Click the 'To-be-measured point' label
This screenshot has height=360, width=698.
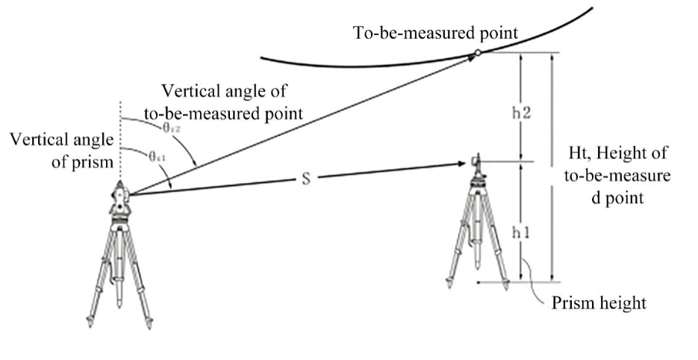[x=436, y=33]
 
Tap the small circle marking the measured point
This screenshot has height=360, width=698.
[x=476, y=53]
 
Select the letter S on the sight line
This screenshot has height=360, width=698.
[x=307, y=181]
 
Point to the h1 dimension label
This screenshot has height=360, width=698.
[x=520, y=232]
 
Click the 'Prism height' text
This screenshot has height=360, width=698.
[x=599, y=304]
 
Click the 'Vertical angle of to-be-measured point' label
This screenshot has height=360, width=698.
[x=223, y=103]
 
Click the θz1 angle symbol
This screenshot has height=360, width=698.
[x=157, y=157]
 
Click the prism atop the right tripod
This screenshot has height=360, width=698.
[x=479, y=164]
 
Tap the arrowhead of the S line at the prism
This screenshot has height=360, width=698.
[x=464, y=163]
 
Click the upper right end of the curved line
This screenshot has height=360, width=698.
[x=591, y=10]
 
